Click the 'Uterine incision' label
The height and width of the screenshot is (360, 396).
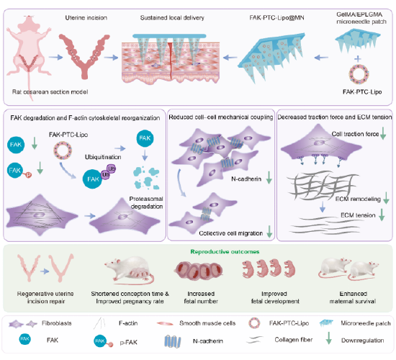86,18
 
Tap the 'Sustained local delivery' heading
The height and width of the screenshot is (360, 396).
172,18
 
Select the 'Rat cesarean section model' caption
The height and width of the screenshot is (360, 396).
50,91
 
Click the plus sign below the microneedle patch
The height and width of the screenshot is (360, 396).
357,59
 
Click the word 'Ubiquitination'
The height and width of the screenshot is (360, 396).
103,157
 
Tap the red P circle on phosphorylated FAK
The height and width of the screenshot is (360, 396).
29,175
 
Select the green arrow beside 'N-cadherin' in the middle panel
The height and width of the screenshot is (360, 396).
269,177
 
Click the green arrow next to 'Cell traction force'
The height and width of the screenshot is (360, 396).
383,133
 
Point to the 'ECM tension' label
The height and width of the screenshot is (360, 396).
358,215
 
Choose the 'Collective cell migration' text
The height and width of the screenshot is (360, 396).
231,233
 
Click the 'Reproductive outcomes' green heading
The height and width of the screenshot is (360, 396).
225,251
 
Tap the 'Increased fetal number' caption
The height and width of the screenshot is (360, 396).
201,297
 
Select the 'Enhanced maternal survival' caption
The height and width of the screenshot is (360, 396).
353,297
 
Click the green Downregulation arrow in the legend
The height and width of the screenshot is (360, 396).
328,338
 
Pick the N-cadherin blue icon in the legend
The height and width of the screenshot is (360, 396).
173,341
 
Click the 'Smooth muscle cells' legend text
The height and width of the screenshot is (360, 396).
207,323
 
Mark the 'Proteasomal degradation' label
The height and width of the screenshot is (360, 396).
146,202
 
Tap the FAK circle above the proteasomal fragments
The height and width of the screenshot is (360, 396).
145,138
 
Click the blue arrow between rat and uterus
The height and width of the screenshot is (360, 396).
55,58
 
